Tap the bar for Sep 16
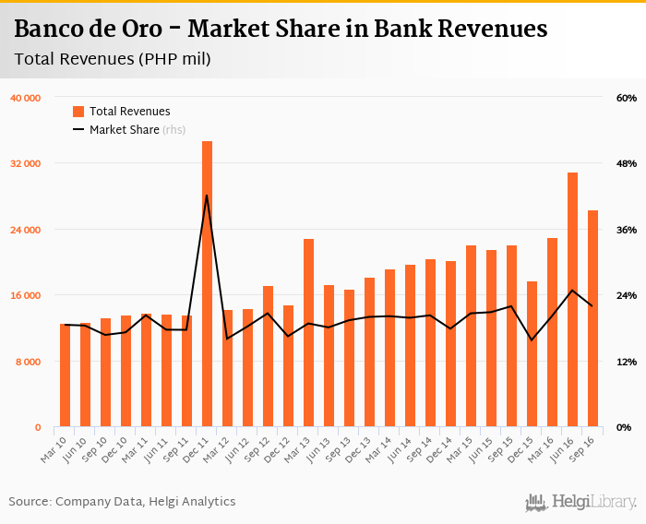[592, 318]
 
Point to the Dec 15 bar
[532, 354]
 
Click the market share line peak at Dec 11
[207, 196]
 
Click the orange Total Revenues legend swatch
[78, 112]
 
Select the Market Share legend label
[124, 130]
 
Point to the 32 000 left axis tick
[24, 163]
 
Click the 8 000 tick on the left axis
[28, 362]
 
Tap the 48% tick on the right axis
[627, 163]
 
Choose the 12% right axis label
[627, 362]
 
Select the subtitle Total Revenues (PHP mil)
[113, 60]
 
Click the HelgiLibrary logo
[580, 502]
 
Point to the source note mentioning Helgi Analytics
[123, 502]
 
